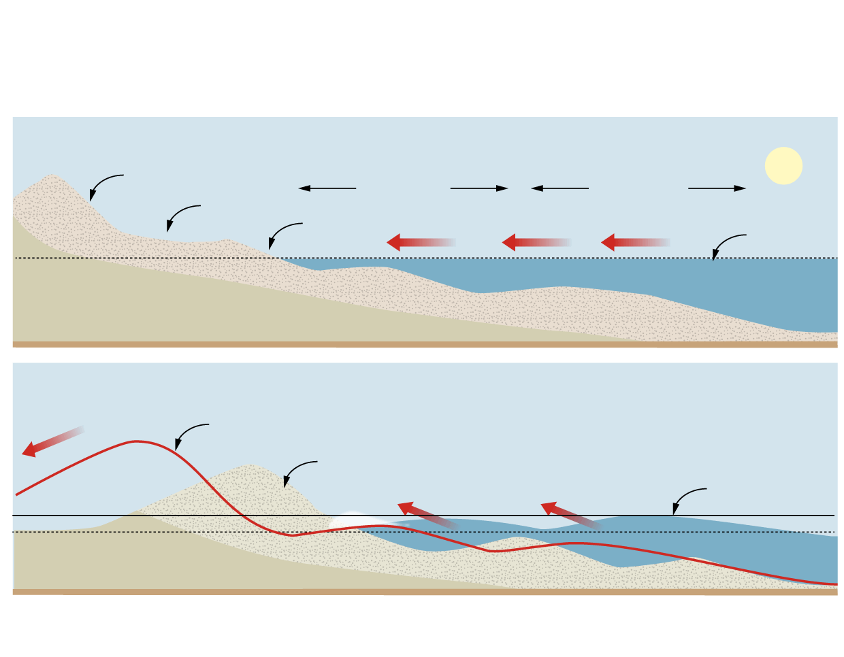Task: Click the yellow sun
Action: tap(783, 166)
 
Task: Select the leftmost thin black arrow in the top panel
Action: tap(327, 188)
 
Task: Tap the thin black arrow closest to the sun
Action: tap(717, 188)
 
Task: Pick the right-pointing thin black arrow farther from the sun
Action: tap(479, 188)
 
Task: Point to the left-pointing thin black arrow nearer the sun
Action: tap(559, 188)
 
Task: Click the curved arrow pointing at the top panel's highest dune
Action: tap(104, 184)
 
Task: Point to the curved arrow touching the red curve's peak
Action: tap(190, 433)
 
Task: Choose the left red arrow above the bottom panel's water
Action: tap(426, 514)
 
